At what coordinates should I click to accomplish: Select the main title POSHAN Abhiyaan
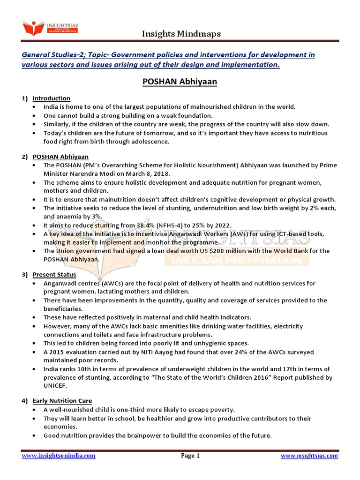click(180, 82)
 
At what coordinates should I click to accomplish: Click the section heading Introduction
click(51, 98)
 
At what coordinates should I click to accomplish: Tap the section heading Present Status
click(54, 274)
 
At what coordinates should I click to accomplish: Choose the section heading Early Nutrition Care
click(62, 401)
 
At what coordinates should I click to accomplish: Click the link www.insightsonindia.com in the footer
click(59, 456)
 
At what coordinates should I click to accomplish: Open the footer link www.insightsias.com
click(309, 456)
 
